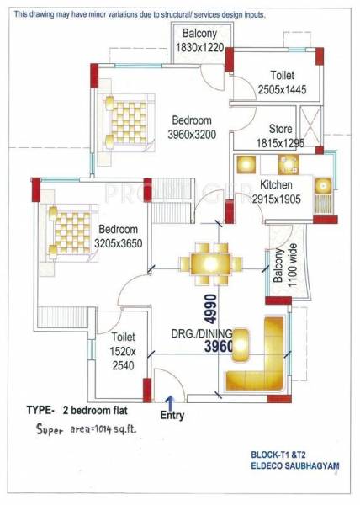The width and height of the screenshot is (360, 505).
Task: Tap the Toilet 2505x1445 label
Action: [277, 82]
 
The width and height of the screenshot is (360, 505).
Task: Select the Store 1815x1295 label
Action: [280, 136]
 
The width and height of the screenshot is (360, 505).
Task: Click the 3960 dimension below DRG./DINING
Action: [208, 345]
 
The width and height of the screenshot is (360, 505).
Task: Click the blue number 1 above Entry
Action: [169, 401]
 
